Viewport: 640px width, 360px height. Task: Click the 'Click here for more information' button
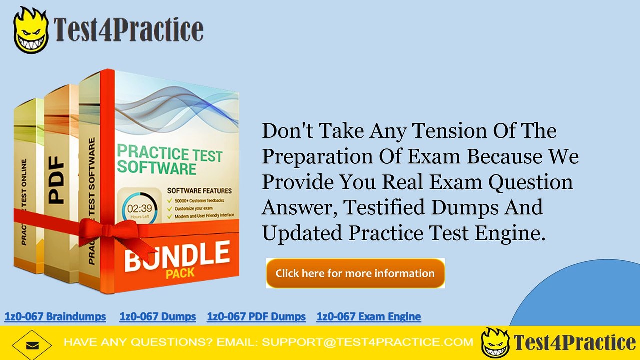[x=355, y=273]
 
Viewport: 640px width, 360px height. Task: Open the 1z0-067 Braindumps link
[x=55, y=316]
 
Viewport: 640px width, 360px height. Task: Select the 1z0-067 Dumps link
[x=158, y=316]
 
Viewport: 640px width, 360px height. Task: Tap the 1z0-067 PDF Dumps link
[x=256, y=316]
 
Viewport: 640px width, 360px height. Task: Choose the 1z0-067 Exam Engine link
[x=369, y=316]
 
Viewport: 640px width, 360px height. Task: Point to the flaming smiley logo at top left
[x=31, y=30]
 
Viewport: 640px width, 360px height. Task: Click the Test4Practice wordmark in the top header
[x=129, y=30]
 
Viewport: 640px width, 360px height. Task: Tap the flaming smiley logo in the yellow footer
[x=495, y=343]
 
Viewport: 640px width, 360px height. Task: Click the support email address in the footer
[x=367, y=343]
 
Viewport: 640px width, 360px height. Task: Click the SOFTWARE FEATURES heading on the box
[x=199, y=191]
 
